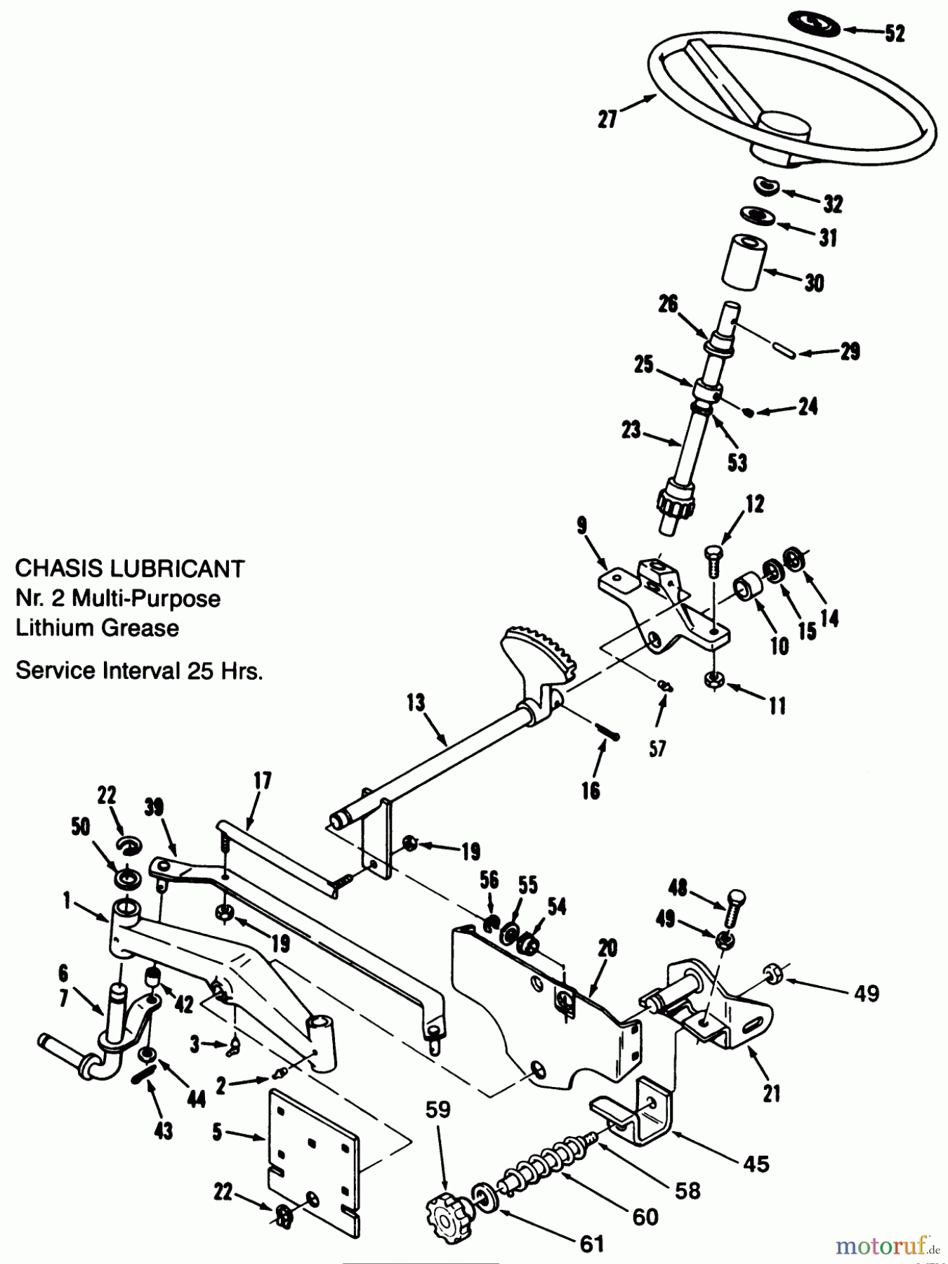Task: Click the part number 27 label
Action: [607, 119]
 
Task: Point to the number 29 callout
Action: [850, 351]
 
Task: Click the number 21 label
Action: [772, 1093]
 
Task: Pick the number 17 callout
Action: [263, 781]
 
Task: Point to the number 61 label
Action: [592, 1244]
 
